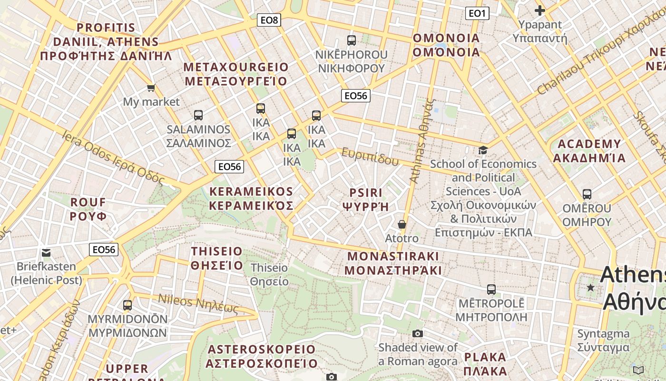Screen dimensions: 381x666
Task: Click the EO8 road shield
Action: coord(269,20)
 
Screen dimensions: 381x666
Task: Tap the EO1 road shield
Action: coord(477,13)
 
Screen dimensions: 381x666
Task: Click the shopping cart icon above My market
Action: coord(151,88)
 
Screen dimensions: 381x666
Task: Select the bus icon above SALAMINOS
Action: coord(198,115)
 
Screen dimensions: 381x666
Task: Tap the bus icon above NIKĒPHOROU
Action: coord(352,40)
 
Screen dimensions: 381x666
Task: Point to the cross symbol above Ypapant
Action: coord(539,10)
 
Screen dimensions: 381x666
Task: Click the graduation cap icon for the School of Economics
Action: coord(483,150)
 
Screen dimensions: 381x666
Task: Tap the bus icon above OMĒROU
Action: coord(587,194)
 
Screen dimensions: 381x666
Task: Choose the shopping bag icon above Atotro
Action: coord(402,224)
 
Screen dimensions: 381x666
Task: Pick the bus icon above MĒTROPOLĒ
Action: coord(491,289)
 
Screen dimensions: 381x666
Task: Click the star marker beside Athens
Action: coord(590,288)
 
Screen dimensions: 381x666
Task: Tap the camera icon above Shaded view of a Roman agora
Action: coord(418,333)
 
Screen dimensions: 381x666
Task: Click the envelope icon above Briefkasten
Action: coord(46,252)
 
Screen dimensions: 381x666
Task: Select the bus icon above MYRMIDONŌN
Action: coord(127,305)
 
